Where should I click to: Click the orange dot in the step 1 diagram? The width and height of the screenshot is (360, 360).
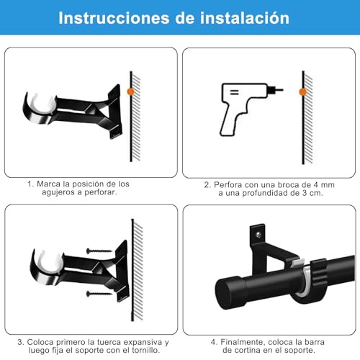130,91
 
